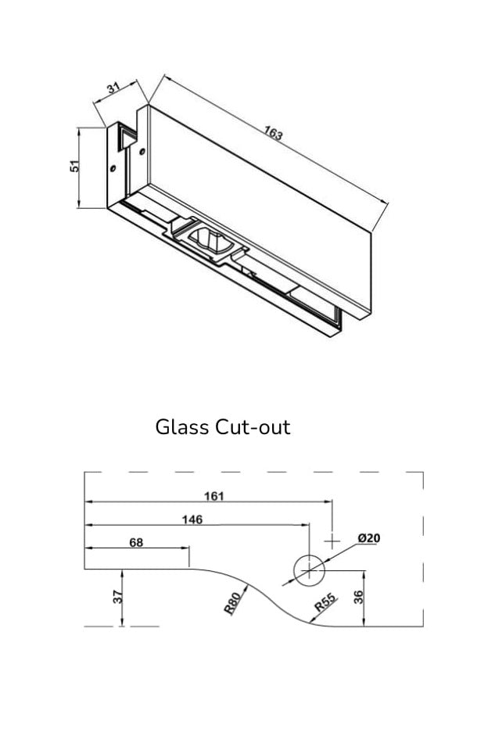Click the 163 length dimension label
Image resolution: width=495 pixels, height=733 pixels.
273,133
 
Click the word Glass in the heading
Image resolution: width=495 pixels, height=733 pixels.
181,428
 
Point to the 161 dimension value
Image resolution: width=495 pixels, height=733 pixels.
213,495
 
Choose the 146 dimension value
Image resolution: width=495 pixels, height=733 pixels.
192,519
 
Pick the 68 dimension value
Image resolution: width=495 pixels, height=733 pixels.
136,542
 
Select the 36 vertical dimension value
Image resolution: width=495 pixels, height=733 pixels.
359,598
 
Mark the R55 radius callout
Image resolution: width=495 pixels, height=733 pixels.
325,603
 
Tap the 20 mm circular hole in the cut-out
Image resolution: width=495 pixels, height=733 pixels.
309,570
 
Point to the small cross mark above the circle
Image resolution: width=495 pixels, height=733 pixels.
333,541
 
